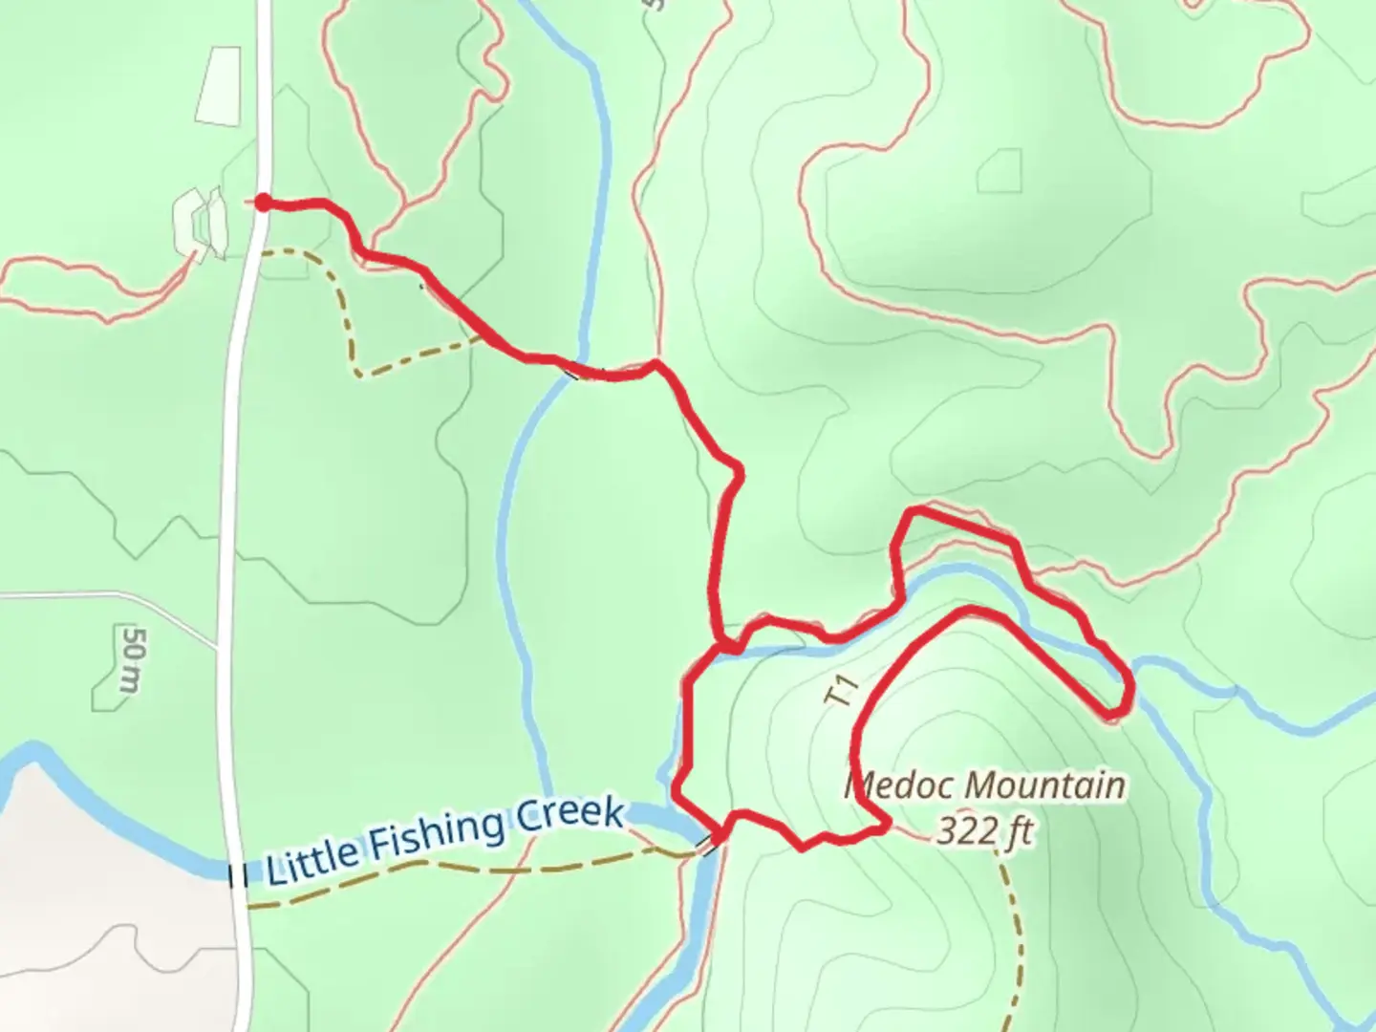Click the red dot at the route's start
pyautogui.click(x=261, y=202)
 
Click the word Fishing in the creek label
pyautogui.click(x=436, y=832)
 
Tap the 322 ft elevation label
pyautogui.click(x=984, y=830)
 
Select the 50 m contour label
pyautogui.click(x=131, y=659)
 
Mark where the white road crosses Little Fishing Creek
pyautogui.click(x=236, y=871)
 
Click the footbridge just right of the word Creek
pyautogui.click(x=710, y=844)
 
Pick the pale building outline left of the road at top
pyautogui.click(x=219, y=85)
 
